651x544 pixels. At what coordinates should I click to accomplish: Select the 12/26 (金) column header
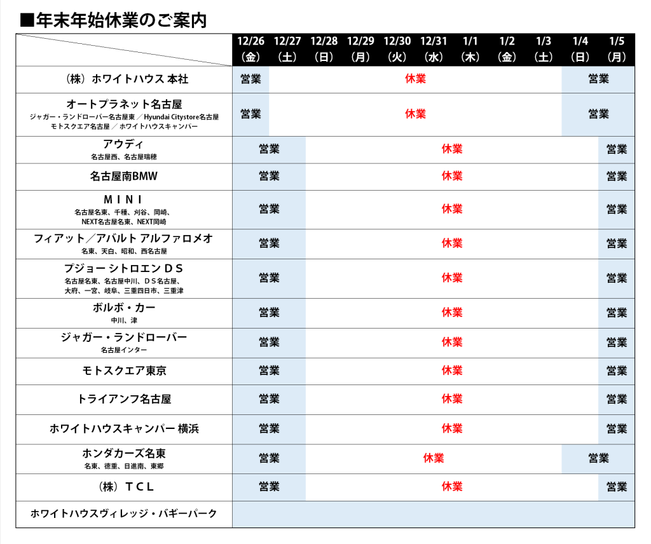pos(250,49)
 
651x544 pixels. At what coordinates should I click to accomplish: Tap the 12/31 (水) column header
pos(434,49)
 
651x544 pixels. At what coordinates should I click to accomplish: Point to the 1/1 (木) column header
pos(470,49)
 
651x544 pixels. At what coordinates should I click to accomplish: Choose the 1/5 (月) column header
pos(617,49)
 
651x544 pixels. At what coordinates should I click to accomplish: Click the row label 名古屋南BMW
pos(124,177)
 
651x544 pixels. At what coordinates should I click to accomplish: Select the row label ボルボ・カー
pos(124,308)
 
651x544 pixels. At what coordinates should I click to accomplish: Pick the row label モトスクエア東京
pos(124,371)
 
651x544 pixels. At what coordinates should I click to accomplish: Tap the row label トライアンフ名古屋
pos(124,400)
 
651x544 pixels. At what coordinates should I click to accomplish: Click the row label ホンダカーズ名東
pos(124,454)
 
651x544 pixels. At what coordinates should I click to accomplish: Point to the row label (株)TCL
pos(124,487)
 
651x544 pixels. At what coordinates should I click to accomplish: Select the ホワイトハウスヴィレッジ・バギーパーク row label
pos(124,513)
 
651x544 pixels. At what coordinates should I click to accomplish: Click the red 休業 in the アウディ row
pos(452,149)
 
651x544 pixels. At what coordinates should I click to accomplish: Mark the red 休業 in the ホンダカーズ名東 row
pos(434,458)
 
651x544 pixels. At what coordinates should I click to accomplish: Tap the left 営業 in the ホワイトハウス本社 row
pos(250,79)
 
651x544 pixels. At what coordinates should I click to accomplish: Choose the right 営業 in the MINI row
pos(617,209)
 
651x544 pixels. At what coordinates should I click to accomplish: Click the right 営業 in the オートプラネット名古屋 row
pos(598,114)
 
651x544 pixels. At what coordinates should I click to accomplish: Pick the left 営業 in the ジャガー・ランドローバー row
pos(269,343)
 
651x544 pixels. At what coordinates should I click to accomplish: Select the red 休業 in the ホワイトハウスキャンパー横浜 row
pos(452,429)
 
